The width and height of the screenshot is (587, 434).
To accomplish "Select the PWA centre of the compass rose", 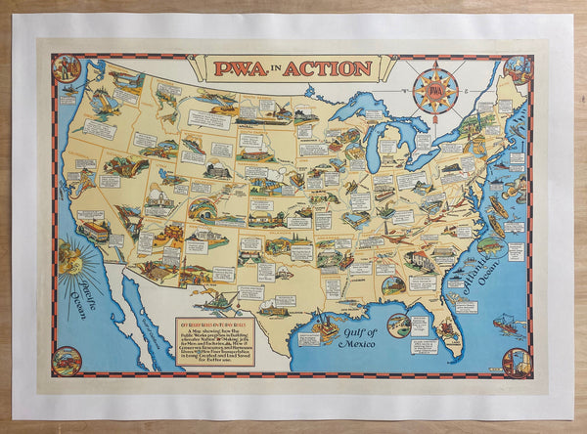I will (435, 91).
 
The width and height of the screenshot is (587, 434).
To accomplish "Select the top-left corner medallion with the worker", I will (68, 68).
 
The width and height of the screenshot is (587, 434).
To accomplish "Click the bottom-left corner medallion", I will (67, 361).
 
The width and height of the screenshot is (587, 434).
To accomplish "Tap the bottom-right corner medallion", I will (517, 362).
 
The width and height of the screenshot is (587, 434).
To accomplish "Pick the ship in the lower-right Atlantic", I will (507, 323).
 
